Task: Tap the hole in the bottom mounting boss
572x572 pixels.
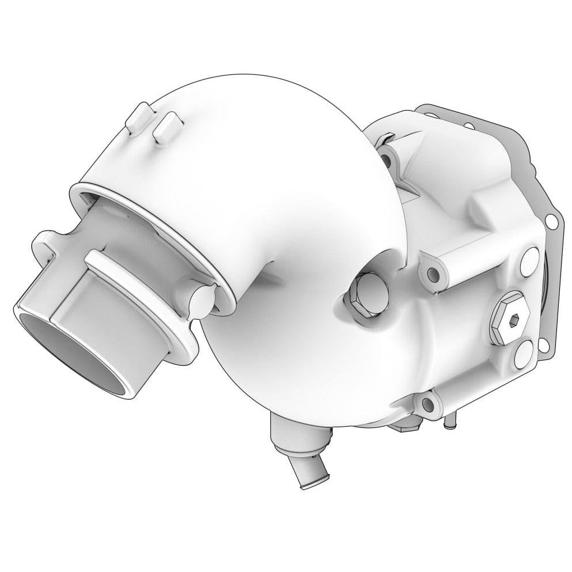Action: point(426,402)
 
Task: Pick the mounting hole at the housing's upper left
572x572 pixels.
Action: point(393,157)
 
